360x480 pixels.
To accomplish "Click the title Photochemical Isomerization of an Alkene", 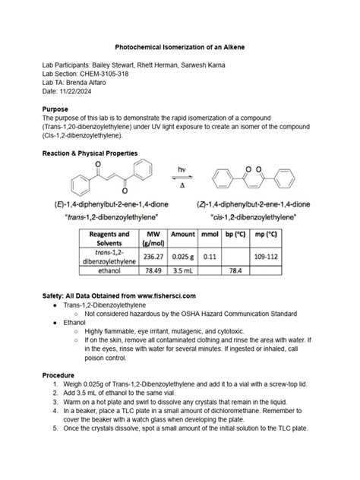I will [179, 47].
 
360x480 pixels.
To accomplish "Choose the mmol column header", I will [210, 235].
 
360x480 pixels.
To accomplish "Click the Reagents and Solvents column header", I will [109, 238].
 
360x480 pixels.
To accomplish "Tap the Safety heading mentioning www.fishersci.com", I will [119, 294].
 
